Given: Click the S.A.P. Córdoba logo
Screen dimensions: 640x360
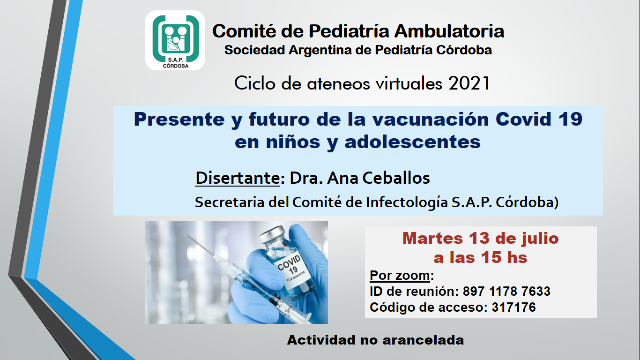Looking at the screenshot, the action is tap(175, 40).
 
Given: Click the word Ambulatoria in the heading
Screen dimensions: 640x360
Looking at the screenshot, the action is tap(449, 31).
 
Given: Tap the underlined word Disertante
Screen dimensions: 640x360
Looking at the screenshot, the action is tap(238, 178).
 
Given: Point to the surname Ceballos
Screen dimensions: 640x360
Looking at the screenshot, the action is tap(396, 178).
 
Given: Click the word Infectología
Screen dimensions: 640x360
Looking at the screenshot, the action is tap(407, 202).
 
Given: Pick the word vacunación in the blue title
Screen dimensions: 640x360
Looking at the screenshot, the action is tap(430, 119).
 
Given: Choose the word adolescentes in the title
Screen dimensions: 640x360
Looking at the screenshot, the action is tap(413, 142).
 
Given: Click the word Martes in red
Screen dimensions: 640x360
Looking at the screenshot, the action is tap(432, 238).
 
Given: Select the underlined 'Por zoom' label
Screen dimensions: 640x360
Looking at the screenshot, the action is tap(400, 275).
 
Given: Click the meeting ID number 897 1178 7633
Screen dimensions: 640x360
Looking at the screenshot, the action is tap(506, 292).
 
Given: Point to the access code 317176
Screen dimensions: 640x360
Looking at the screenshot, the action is tap(513, 307).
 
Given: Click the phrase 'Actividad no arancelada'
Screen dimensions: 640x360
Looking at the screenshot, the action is tap(375, 340).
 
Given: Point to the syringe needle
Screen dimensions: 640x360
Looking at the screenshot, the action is tap(200, 245).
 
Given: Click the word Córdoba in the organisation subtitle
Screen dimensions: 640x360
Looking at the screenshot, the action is tap(464, 50).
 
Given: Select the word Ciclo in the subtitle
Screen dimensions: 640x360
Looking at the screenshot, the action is tap(255, 83).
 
